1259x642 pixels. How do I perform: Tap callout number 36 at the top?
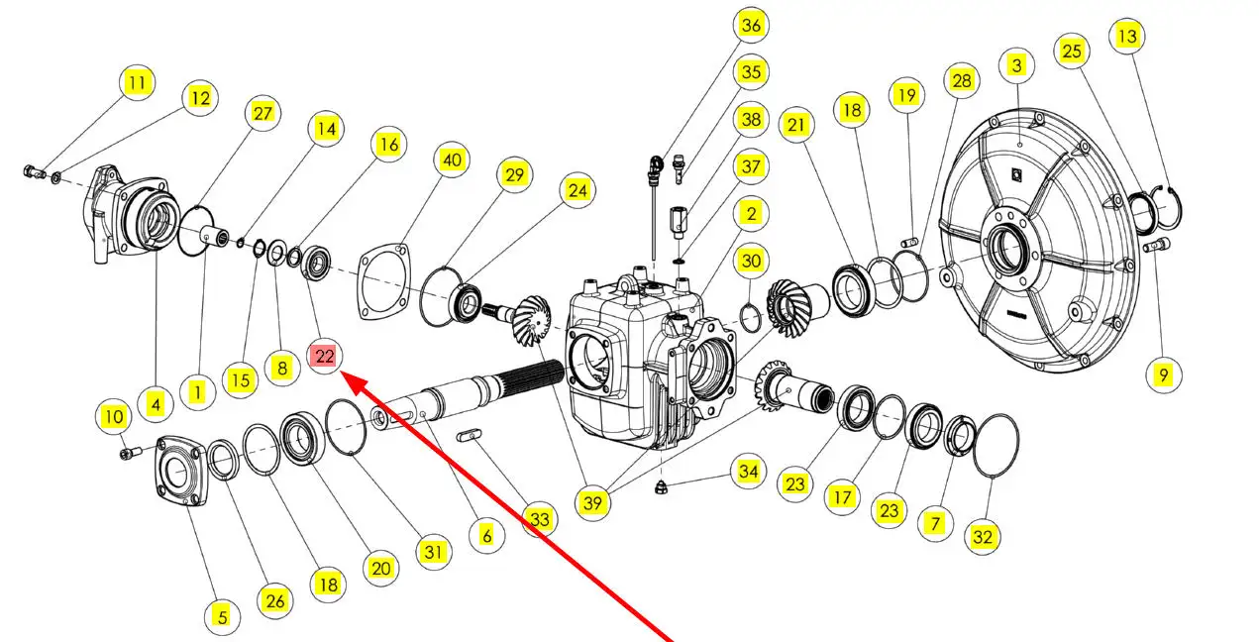pyautogui.click(x=751, y=26)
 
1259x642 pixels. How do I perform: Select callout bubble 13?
pyautogui.click(x=1127, y=37)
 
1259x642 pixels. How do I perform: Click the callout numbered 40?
pyautogui.click(x=452, y=160)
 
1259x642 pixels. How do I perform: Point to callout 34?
pyautogui.click(x=748, y=472)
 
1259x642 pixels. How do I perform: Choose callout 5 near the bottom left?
pyautogui.click(x=222, y=617)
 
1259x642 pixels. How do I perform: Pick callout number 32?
pyautogui.click(x=983, y=537)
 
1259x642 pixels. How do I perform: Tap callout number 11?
pyautogui.click(x=137, y=82)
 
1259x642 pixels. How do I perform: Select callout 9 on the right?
pyautogui.click(x=1163, y=374)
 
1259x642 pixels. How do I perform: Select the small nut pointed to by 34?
pyautogui.click(x=663, y=485)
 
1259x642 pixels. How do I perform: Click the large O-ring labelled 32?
pyautogui.click(x=995, y=447)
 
